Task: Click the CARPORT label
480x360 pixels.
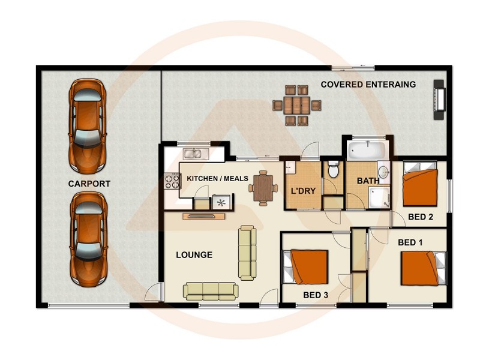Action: pos(89,184)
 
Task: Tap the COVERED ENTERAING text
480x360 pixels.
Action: pos(368,85)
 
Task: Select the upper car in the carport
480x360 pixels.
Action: pos(88,124)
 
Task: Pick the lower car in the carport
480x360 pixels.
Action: pos(88,238)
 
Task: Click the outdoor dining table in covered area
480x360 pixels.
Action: pos(297,106)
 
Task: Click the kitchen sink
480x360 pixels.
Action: pos(196,154)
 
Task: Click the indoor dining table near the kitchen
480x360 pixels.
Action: pos(263,187)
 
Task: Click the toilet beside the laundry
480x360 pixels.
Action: pos(334,170)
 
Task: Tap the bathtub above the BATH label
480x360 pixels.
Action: pos(367,148)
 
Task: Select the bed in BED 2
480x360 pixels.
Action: pos(421,187)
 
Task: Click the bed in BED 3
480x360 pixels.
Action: pos(309,267)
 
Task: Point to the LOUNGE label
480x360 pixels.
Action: pos(194,255)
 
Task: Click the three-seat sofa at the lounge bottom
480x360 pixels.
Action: pos(210,291)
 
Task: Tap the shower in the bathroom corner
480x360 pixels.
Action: pos(379,196)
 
